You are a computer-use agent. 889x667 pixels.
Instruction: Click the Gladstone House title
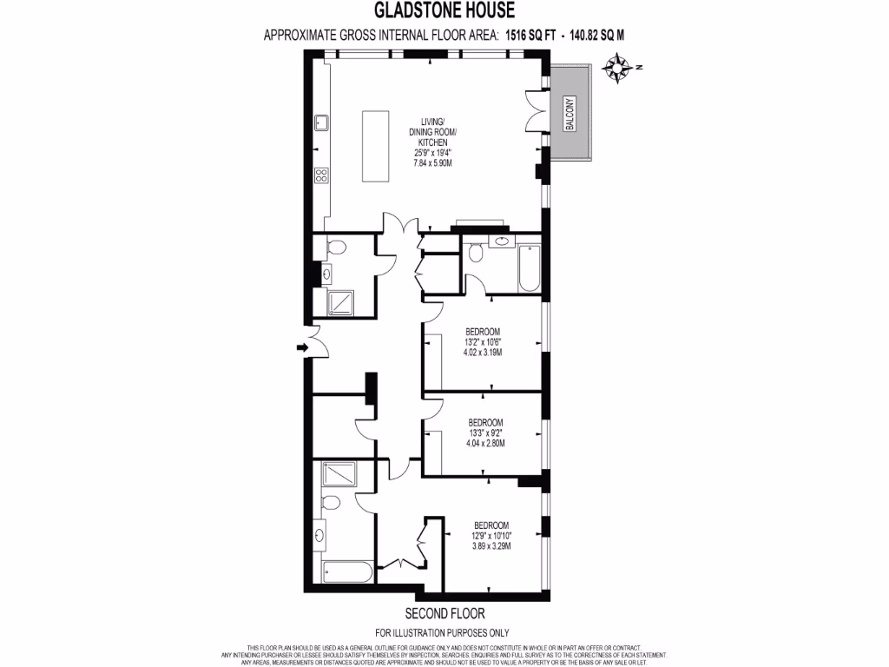coord(444,10)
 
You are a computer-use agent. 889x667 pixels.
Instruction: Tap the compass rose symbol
coord(617,67)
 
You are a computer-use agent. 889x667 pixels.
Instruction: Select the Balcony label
coord(570,113)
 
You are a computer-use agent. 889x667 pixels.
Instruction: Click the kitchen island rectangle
coord(375,145)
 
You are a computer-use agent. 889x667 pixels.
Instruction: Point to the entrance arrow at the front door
coord(302,348)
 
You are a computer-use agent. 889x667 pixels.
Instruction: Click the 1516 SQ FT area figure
coord(529,36)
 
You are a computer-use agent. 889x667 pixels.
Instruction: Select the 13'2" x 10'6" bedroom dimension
coord(483,341)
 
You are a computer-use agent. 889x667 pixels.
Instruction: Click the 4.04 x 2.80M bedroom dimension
coord(483,443)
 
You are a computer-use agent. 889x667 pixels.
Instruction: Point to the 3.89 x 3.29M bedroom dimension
coord(491,545)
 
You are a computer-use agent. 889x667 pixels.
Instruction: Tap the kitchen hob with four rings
coord(320,175)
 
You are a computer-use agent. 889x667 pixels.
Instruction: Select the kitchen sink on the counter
coord(320,121)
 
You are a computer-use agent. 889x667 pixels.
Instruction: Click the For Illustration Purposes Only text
coord(442,633)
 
